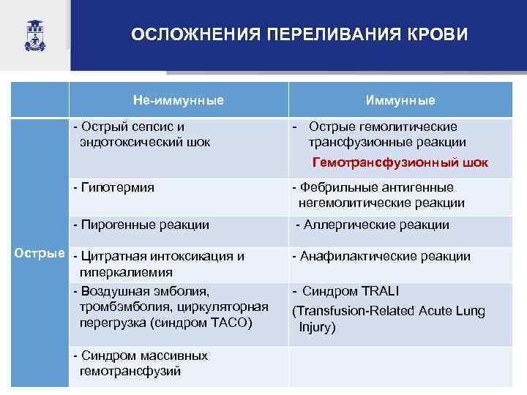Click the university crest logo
[x=34, y=35]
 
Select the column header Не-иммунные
[x=179, y=99]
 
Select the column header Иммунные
[x=400, y=100]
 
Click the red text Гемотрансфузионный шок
[x=400, y=162]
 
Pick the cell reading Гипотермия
[x=117, y=187]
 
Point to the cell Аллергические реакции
[x=373, y=225]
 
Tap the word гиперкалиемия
[x=125, y=272]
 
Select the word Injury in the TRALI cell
[x=316, y=326]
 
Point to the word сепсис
[x=147, y=127]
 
